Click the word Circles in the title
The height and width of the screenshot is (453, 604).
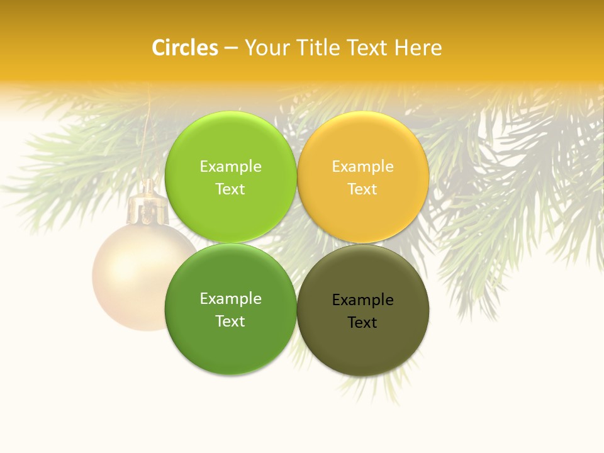(x=185, y=48)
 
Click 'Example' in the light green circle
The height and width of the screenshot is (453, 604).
(x=230, y=167)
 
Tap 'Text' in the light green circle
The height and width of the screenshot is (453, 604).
(x=230, y=189)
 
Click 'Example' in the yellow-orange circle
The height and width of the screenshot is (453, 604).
(x=362, y=167)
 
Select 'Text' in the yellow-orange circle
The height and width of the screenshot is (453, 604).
(x=362, y=189)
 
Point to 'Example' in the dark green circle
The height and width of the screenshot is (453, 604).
(x=230, y=299)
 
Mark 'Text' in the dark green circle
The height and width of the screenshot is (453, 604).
(x=230, y=322)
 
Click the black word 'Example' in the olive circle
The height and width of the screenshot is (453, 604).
(x=362, y=300)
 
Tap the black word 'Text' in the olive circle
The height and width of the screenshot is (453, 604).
(x=362, y=323)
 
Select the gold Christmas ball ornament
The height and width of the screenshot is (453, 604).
(x=129, y=277)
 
